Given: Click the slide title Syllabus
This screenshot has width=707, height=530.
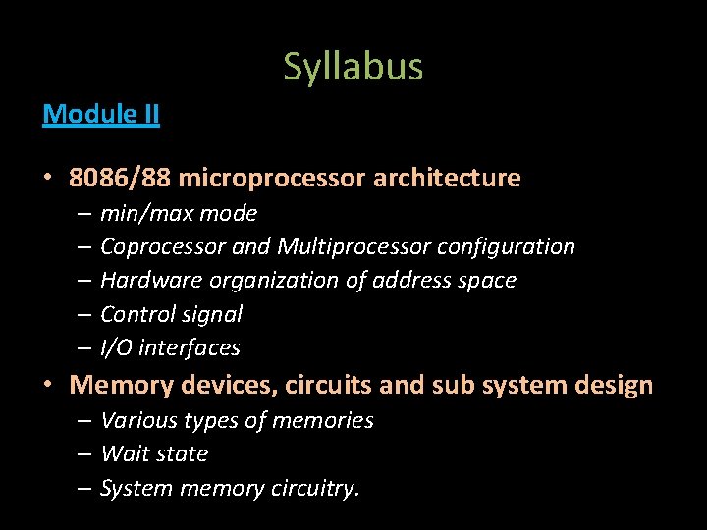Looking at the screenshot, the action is (353, 67).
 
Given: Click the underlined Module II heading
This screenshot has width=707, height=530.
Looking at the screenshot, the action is (101, 115).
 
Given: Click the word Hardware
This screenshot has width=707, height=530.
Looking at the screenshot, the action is (145, 281).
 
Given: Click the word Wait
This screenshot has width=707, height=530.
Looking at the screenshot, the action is (122, 453).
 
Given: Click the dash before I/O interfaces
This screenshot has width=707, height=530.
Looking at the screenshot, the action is (82, 348).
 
